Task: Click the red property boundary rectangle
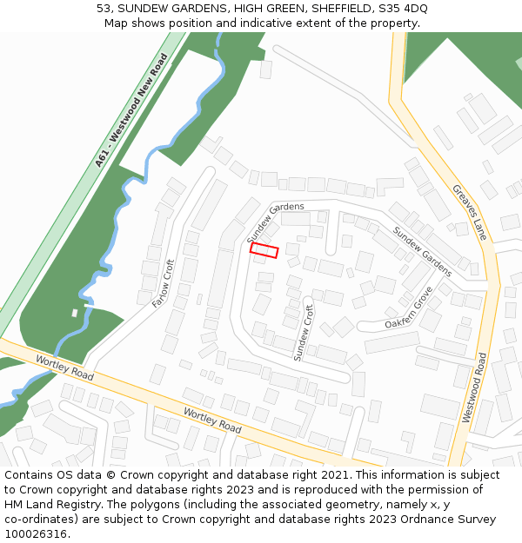pos(264,250)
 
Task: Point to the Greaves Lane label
pos(469,212)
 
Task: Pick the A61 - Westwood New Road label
pos(131,110)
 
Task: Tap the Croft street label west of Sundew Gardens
pos(164,283)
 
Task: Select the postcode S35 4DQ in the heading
pos(399,9)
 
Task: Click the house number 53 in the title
pos(104,9)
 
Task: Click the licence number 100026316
pos(36,533)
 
